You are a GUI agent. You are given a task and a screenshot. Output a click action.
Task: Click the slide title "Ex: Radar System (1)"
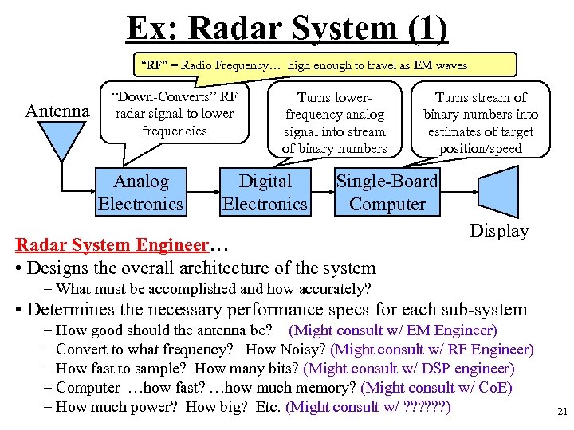point(287,29)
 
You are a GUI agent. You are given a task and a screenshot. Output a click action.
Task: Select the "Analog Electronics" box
point(140,193)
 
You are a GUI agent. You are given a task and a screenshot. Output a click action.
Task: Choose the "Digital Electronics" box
point(265,193)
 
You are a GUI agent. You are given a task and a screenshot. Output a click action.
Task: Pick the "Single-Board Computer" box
point(387,193)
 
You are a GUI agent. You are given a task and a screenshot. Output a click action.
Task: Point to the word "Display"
point(499,230)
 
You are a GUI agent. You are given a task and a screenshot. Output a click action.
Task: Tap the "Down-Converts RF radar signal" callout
point(175,113)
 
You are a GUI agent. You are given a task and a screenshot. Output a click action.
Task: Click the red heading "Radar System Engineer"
point(112,244)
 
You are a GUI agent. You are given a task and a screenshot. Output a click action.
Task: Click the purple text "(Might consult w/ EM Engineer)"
point(392,330)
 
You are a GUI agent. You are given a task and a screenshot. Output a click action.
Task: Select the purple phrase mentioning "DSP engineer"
point(410,368)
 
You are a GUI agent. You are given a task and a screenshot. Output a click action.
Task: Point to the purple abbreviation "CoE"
point(493,387)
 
